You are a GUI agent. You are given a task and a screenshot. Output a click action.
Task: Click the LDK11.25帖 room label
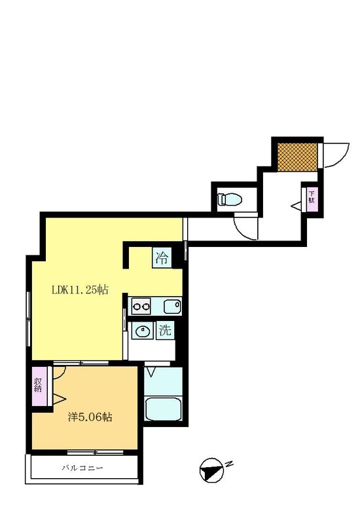(x=80, y=290)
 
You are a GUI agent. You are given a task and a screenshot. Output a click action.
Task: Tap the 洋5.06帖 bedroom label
(x=90, y=417)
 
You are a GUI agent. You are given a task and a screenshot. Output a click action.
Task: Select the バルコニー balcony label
(x=82, y=468)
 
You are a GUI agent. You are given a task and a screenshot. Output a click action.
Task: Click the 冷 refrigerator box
(x=162, y=258)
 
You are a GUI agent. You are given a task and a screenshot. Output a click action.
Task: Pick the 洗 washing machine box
(x=166, y=330)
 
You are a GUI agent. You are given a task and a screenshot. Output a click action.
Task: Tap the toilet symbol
(x=230, y=200)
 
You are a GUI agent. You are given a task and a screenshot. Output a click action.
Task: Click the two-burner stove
(x=141, y=306)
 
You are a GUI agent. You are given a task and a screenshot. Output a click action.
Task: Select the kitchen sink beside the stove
(x=172, y=307)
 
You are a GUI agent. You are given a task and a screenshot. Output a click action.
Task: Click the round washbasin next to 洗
(x=143, y=331)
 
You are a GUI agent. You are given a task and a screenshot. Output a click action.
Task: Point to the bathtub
(x=164, y=409)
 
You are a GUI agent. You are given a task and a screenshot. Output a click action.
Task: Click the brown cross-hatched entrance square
(x=298, y=157)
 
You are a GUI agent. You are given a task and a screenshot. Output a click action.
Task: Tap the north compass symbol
(x=211, y=470)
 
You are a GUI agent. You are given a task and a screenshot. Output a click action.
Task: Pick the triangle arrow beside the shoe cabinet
(x=296, y=206)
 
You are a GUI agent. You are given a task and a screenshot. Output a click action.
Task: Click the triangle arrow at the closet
(x=59, y=399)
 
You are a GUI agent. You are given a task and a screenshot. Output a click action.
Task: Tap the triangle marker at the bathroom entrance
(x=151, y=372)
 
